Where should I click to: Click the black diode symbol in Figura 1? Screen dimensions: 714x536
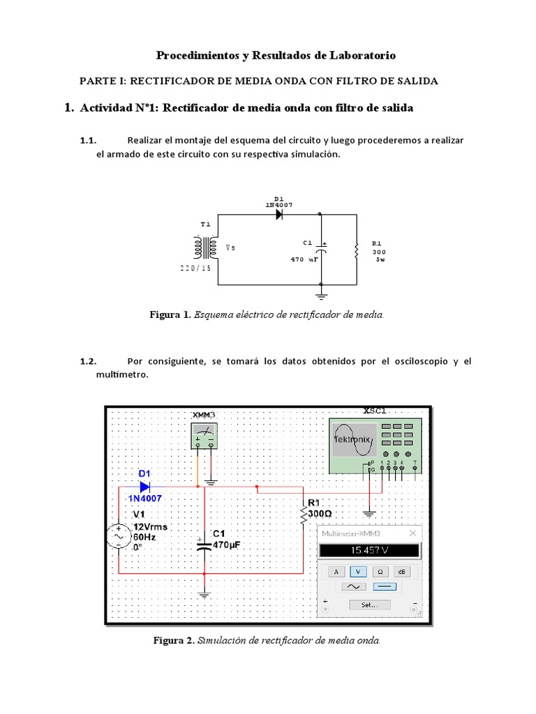pos(279,215)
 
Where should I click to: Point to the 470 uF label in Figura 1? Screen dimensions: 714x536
pos(304,259)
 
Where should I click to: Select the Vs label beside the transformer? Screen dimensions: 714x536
pos(231,248)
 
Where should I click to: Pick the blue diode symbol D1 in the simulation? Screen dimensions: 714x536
pos(145,486)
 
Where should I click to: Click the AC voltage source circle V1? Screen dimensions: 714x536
pos(118,537)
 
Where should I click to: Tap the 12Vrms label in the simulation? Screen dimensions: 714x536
pos(150,527)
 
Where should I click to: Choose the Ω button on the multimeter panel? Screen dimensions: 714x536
pos(380,571)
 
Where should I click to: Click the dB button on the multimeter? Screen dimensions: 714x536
pos(403,571)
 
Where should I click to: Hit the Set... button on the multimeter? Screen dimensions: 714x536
pos(369,605)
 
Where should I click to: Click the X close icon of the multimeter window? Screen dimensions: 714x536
pos(412,533)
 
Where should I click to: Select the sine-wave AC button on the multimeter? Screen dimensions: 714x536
pos(352,587)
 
